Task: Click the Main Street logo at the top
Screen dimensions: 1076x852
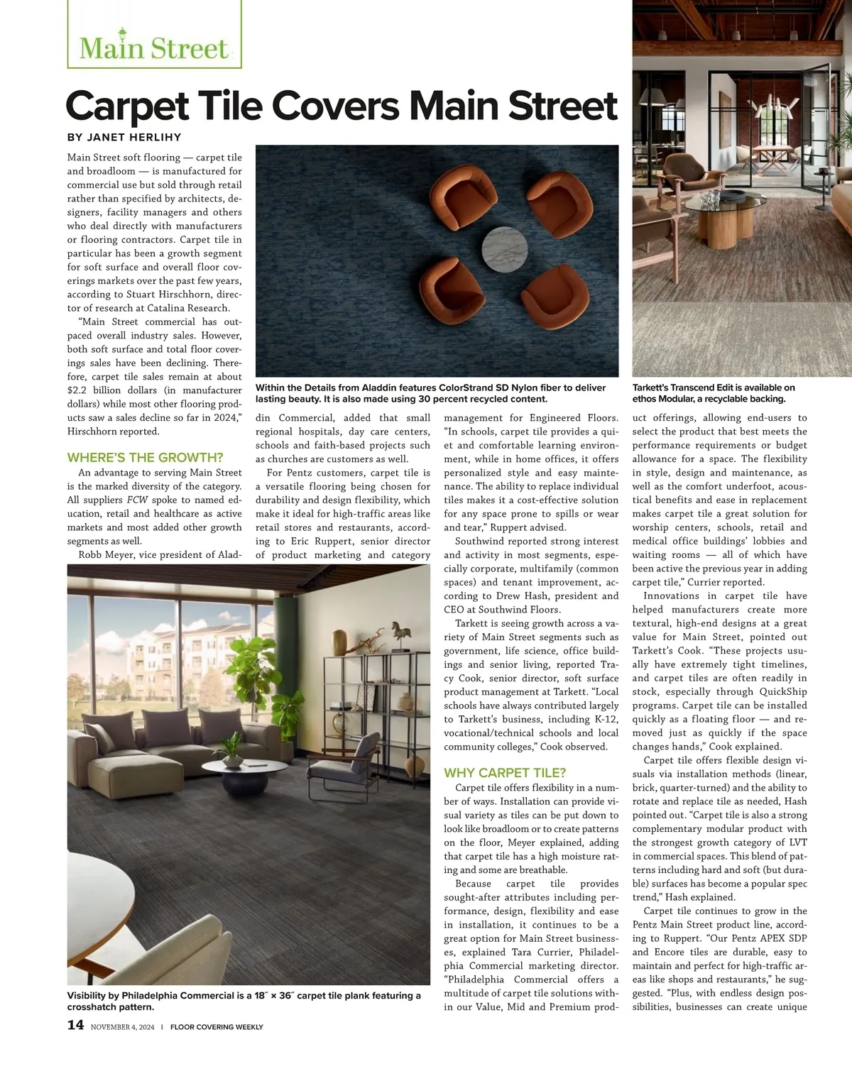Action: pos(154,47)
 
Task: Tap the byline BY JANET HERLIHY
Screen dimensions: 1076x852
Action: pos(124,138)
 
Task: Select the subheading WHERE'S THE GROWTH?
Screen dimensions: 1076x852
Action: pos(145,458)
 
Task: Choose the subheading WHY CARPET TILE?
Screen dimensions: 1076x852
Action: pos(505,773)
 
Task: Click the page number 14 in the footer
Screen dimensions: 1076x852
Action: pos(75,1025)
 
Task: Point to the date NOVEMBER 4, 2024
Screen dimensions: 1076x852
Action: pos(122,1027)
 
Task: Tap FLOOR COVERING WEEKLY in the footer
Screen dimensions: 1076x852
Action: pos(217,1027)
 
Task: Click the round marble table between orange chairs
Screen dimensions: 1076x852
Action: pos(504,249)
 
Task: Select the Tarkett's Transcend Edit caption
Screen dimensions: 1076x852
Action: pos(714,393)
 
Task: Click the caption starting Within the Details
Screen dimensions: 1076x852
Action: pos(430,393)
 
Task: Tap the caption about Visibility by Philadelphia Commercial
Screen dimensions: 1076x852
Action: pos(244,1001)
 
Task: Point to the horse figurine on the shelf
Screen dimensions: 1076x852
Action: pos(401,631)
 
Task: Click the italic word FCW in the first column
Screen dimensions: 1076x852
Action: pos(137,500)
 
